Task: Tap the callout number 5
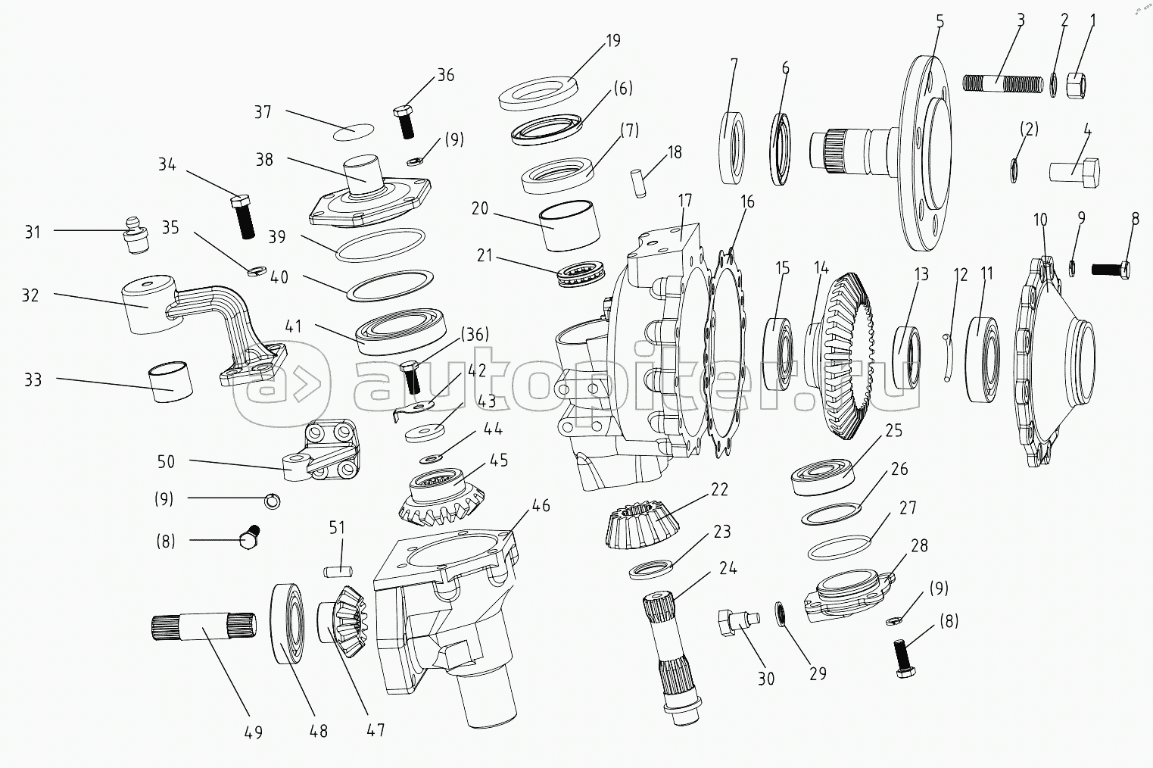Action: pos(940,21)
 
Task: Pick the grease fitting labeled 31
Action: pos(136,236)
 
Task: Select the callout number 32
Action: pos(30,295)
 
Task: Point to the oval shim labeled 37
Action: pos(354,131)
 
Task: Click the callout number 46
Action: pos(541,506)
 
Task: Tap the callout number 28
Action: pos(920,545)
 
